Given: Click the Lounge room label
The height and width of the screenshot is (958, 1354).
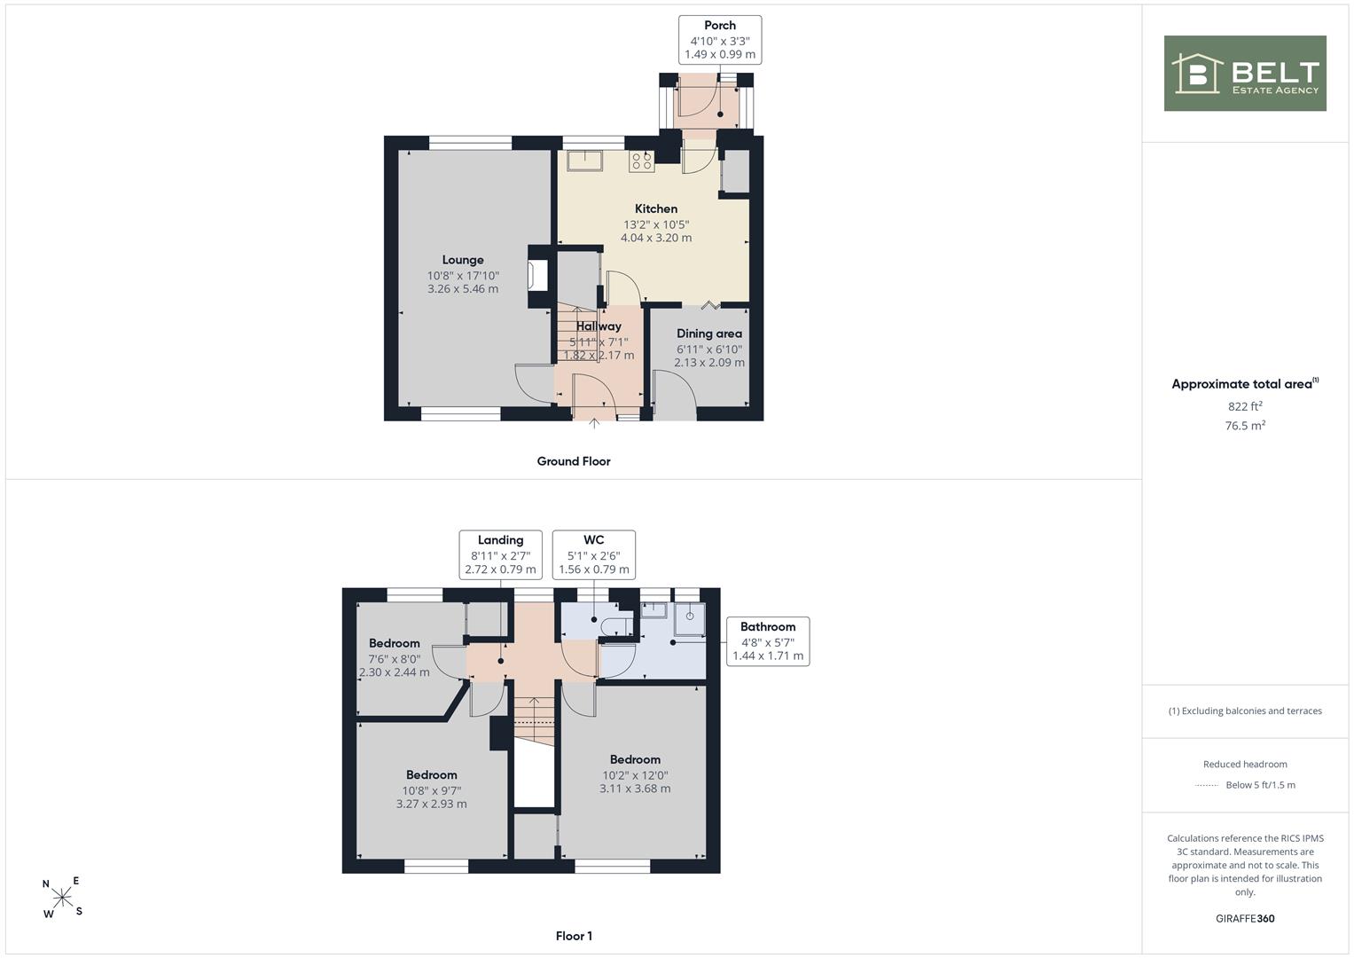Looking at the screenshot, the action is [463, 260].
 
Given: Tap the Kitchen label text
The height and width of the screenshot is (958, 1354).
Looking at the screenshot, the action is [656, 208].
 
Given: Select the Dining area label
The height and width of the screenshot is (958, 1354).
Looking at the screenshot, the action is [709, 334].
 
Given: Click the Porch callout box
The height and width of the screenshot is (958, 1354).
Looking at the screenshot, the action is [720, 40].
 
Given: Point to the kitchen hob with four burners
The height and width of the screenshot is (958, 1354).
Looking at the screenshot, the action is [641, 161].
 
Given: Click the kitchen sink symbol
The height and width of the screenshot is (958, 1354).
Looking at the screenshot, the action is [584, 161].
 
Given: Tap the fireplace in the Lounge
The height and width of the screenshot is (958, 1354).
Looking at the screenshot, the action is [537, 276].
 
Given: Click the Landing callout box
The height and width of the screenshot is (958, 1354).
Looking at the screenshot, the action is [500, 554].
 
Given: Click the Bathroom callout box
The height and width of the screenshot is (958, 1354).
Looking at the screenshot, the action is [768, 641].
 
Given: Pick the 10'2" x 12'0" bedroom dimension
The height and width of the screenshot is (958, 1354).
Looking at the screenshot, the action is [635, 775].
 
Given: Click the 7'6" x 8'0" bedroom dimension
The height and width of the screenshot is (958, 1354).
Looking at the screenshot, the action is [394, 659].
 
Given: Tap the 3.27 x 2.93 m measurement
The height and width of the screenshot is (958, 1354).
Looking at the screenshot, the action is [432, 804].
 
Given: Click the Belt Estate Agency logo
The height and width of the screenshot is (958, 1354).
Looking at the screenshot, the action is [1245, 73].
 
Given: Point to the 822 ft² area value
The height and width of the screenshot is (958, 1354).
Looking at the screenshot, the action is [1245, 406].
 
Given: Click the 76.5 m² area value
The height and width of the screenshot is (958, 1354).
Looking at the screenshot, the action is [1245, 425].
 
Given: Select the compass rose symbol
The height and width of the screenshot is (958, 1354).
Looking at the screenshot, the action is [62, 897].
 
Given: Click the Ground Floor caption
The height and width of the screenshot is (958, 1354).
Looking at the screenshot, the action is [574, 461].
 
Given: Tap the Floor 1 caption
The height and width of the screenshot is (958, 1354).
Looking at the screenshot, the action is [574, 936].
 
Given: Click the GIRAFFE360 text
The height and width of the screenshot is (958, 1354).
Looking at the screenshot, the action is [1245, 919].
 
